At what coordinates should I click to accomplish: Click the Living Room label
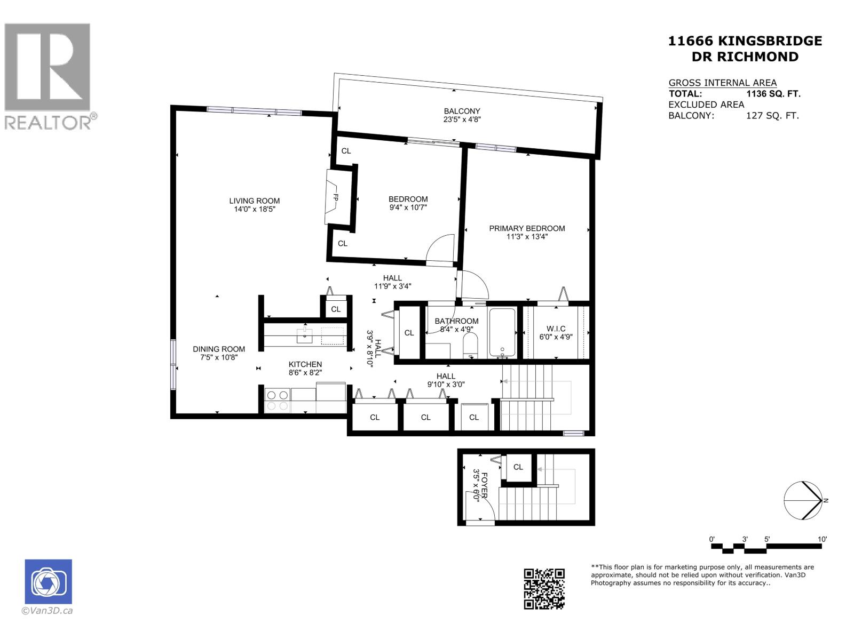coord(255,201)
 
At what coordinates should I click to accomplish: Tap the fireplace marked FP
coord(335,197)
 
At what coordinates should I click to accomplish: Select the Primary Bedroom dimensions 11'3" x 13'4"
coord(527,237)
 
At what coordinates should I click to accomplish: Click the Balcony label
coord(462,111)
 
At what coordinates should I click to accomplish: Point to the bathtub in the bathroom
coord(502,333)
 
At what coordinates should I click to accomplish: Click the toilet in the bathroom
coord(470,346)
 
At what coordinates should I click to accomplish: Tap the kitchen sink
coord(305,336)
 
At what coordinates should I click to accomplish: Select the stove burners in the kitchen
coord(277,401)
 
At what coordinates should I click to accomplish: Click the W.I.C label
coord(556,329)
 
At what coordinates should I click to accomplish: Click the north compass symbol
coord(803,500)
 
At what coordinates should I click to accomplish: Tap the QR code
coord(544,588)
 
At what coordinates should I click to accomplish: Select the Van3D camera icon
coord(48,581)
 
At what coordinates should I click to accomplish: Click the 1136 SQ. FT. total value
coord(773,94)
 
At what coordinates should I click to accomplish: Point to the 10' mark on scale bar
coord(822,540)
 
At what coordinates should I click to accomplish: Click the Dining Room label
coord(219,349)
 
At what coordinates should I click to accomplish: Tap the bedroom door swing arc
coord(442,247)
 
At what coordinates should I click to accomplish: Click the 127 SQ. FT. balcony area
coord(772,115)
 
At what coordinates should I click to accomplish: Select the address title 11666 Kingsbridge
coord(745,41)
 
